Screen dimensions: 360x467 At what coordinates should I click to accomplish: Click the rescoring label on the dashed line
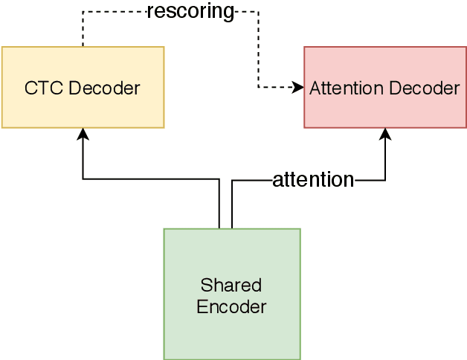pos(190,11)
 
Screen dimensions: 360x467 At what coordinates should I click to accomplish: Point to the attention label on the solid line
pos(312,179)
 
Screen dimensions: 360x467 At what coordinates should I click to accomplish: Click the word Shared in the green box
pos(231,285)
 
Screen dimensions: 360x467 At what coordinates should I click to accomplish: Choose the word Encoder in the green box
pos(231,306)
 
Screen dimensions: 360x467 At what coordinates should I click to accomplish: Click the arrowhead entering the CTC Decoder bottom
pos(83,134)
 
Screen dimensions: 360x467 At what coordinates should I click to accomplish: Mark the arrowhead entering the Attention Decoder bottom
pos(385,134)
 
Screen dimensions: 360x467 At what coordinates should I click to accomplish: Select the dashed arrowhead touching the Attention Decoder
pos(299,88)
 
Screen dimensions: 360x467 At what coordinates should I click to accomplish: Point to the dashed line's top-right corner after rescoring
pos(258,11)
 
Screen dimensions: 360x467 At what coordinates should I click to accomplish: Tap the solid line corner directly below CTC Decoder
pos(83,179)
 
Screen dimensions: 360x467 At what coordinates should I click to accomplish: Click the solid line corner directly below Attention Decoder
pos(385,179)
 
